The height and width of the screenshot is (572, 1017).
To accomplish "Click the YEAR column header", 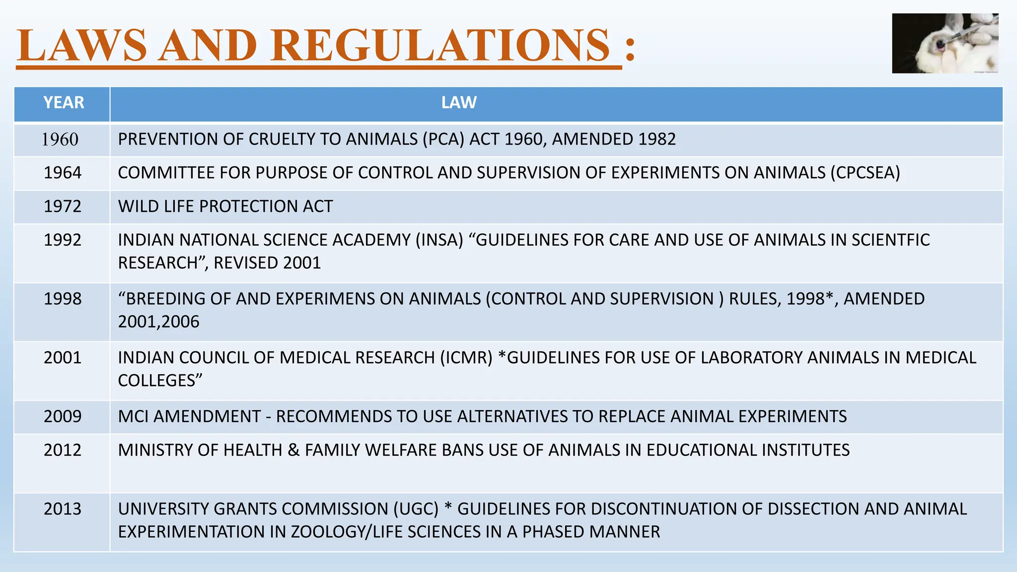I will coord(64,103).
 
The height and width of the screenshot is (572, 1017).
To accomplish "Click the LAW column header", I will coord(459,103).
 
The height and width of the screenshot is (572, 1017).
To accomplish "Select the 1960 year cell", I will coord(60,140).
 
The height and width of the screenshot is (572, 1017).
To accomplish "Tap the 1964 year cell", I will coord(63,173).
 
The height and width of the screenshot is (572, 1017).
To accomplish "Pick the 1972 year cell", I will coord(63,206).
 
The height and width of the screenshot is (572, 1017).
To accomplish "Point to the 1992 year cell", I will coord(63,240).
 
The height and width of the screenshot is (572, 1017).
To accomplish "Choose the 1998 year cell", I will coord(63,299).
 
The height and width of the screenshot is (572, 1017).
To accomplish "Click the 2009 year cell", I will coord(63,416).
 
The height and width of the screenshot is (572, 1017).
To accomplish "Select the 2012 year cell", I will coord(63,450).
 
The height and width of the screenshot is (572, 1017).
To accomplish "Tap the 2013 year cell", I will coord(63,509).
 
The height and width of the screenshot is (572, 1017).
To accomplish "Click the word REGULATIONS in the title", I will coord(440,46).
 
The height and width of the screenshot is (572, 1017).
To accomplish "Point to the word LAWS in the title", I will coord(82,46).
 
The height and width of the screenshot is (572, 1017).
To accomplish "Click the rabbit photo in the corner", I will coord(944,44).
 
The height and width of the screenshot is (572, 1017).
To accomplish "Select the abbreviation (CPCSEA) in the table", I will coord(865,173).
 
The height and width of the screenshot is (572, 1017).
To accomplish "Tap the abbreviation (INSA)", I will coord(439,240).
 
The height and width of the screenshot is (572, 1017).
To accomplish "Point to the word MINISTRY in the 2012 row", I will coord(155,450).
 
